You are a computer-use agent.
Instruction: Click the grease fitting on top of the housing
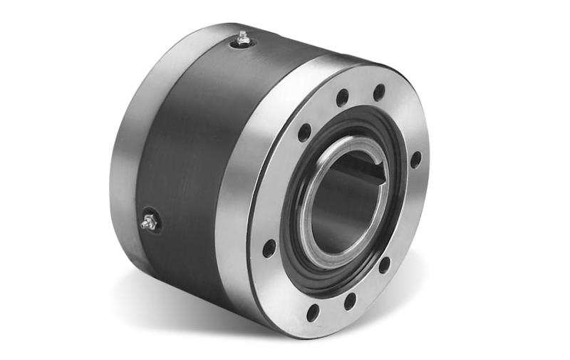244,38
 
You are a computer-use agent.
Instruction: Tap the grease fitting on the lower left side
149,222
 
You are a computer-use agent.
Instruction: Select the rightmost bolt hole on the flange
415,160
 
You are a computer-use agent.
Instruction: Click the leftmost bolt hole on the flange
269,249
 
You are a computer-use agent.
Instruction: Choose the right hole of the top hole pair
379,93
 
